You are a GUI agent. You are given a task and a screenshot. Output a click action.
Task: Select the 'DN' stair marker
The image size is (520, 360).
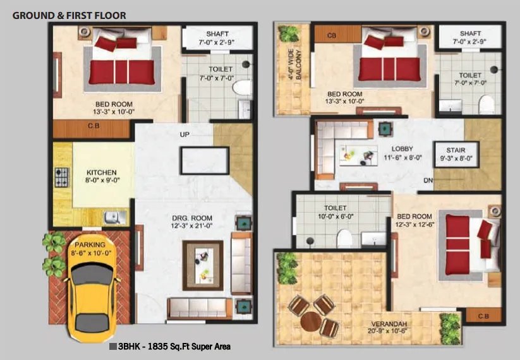(428, 180)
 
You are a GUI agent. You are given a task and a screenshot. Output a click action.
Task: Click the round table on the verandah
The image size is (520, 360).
(311, 321)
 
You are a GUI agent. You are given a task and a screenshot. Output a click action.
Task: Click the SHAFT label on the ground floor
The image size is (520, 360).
(217, 33)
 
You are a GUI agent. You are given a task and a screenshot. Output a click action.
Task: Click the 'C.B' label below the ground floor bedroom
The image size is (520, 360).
(92, 126)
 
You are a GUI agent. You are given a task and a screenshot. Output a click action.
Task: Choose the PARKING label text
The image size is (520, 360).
(90, 244)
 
